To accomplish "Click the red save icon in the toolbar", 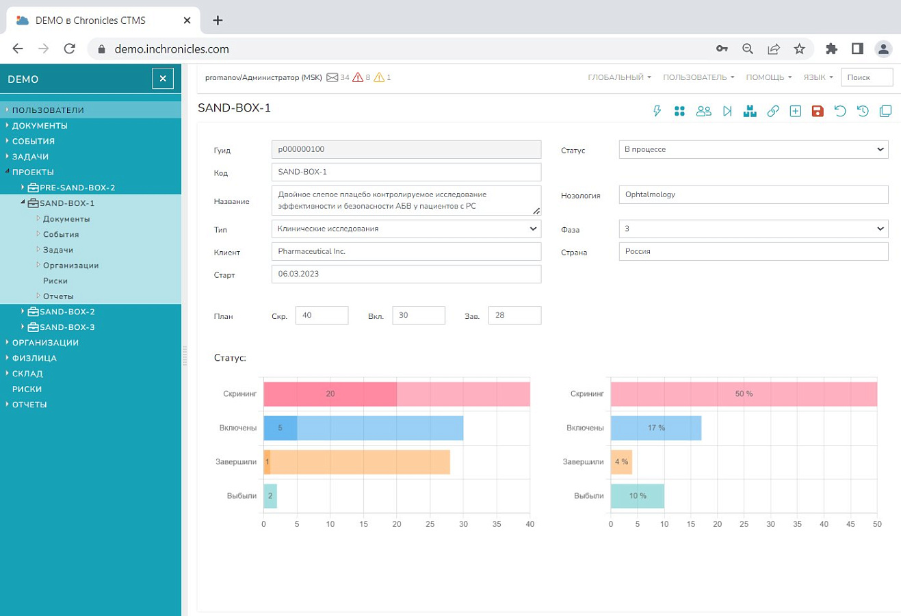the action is pyautogui.click(x=818, y=111).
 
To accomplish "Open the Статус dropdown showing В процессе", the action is pyautogui.click(x=753, y=149).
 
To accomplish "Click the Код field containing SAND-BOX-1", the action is pyautogui.click(x=406, y=172).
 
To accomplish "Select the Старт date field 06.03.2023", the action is pyautogui.click(x=406, y=274).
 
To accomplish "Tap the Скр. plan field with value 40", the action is pyautogui.click(x=322, y=315).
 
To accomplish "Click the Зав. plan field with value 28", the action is pyautogui.click(x=515, y=315).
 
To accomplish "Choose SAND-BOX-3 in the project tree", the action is pyautogui.click(x=67, y=327).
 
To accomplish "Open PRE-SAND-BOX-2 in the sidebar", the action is pyautogui.click(x=77, y=188).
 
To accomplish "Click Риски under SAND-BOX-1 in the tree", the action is pyautogui.click(x=55, y=281).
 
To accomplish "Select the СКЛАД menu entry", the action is pyautogui.click(x=27, y=374).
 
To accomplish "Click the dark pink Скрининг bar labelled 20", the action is pyautogui.click(x=330, y=394).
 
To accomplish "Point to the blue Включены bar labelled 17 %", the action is pyautogui.click(x=656, y=428).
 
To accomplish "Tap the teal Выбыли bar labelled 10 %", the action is pyautogui.click(x=638, y=496).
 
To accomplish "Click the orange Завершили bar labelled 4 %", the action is pyautogui.click(x=621, y=462).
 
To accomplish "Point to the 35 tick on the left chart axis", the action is pyautogui.click(x=497, y=524).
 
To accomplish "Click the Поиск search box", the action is pyautogui.click(x=867, y=77).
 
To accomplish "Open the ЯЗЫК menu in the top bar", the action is pyautogui.click(x=818, y=77).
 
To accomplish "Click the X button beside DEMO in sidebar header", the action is pyautogui.click(x=163, y=79).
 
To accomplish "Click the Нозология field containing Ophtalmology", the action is pyautogui.click(x=753, y=195).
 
